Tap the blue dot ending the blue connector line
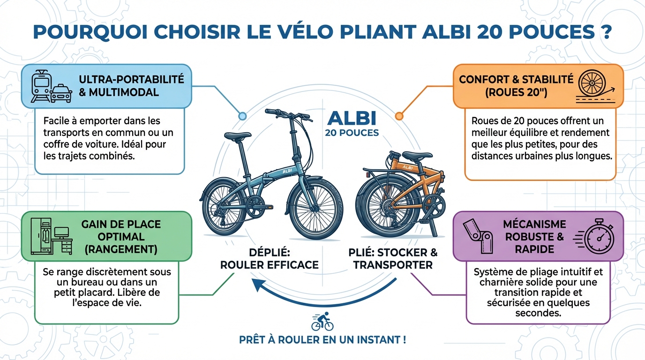[x=242, y=115]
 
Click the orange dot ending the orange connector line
[x=399, y=115]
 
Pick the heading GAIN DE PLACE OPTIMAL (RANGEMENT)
[x=121, y=236]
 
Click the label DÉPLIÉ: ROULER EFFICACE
[x=269, y=258]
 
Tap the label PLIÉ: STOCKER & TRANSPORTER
[x=393, y=258]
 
